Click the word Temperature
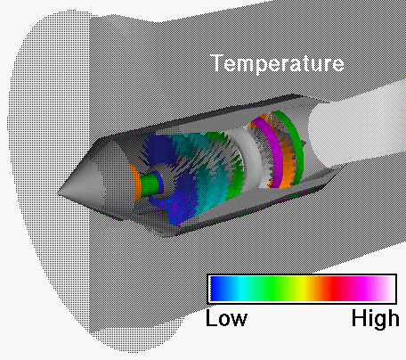click(x=277, y=63)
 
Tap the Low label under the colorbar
click(x=226, y=318)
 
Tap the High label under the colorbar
click(x=375, y=318)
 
